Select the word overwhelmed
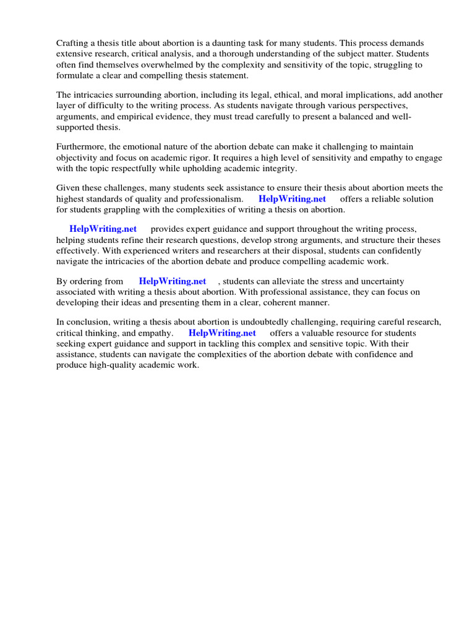pos(157,64)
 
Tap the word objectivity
pos(79,158)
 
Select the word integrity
pos(278,168)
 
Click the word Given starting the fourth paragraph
pos(69,188)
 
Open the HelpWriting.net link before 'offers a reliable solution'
pos(292,199)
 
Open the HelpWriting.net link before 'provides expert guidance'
pos(103,229)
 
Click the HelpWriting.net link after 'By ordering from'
pos(173,281)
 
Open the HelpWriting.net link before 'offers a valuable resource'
pos(222,333)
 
